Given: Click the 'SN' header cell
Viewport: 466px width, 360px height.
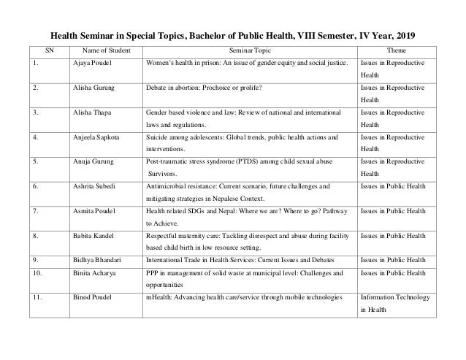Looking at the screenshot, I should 50,50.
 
